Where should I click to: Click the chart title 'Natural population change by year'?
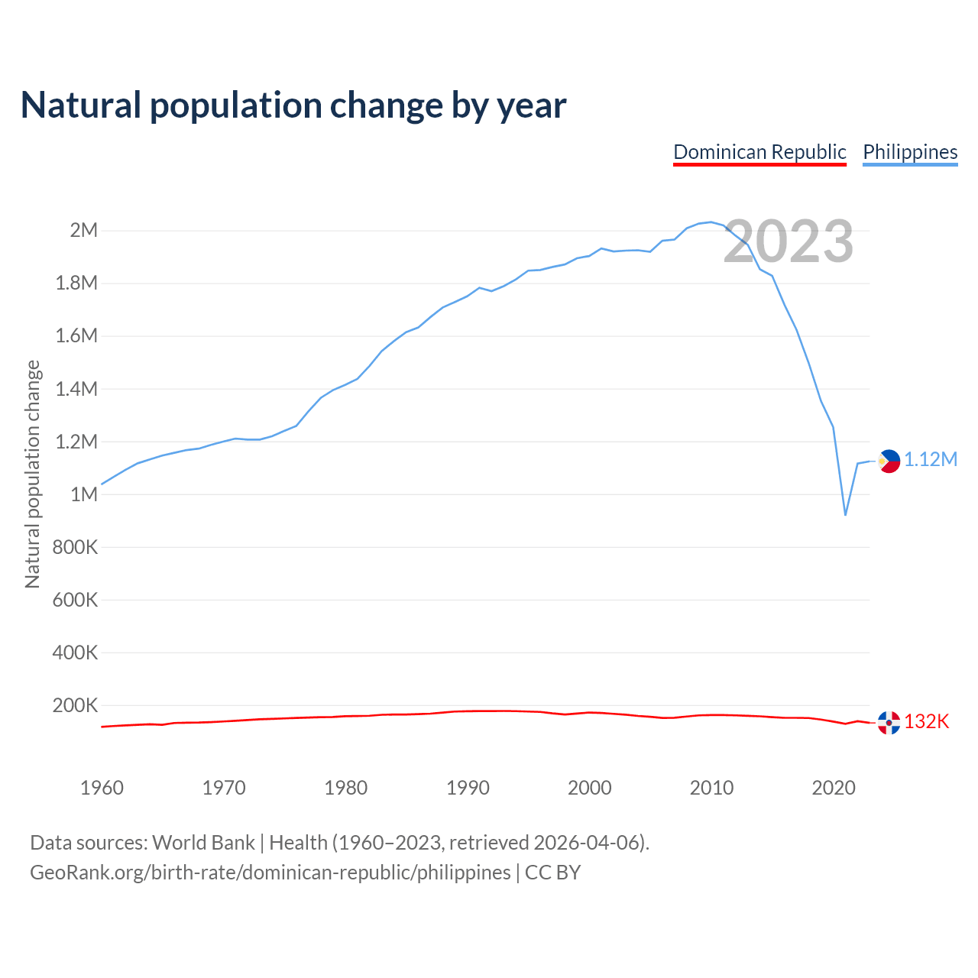[x=293, y=105]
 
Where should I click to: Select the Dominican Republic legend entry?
[x=759, y=152]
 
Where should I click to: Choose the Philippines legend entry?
[x=910, y=152]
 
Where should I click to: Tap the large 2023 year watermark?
[x=788, y=241]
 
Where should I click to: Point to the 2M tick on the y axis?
[x=83, y=230]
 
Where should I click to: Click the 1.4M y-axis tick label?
[x=76, y=389]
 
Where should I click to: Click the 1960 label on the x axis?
[x=102, y=788]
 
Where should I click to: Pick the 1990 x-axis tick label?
[x=468, y=788]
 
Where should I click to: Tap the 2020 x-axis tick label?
[x=834, y=788]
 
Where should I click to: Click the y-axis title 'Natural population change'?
[x=32, y=474]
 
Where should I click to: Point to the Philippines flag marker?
[x=889, y=461]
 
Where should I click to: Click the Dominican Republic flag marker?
[x=889, y=722]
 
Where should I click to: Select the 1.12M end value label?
[x=931, y=459]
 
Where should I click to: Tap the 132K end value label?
[x=926, y=721]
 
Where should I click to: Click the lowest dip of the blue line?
[x=845, y=515]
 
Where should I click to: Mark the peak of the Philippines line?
[x=711, y=222]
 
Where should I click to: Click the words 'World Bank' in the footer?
[x=203, y=842]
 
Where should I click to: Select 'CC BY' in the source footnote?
[x=552, y=872]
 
